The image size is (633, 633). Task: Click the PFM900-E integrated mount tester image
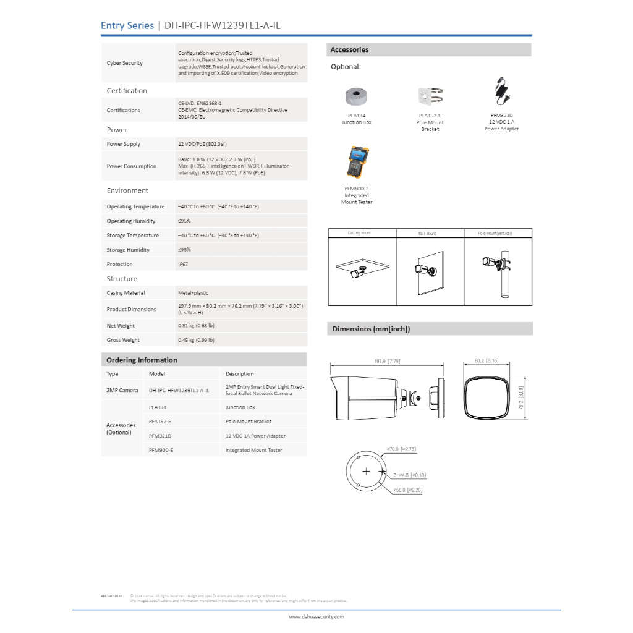(x=357, y=163)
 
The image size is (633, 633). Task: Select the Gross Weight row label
(x=123, y=340)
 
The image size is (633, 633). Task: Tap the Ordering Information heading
(x=142, y=360)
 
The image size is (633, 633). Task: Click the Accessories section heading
(x=349, y=50)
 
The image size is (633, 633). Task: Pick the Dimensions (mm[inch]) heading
(x=371, y=329)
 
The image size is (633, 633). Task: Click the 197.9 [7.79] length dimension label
(x=388, y=361)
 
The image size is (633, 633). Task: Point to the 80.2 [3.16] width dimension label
(x=486, y=360)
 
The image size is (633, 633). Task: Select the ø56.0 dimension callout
(x=409, y=490)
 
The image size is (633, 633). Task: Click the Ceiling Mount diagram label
(x=360, y=234)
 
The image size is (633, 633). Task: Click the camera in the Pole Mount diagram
(x=492, y=262)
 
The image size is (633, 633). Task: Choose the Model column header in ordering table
(x=157, y=374)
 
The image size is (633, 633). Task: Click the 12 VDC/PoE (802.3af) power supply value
(x=202, y=144)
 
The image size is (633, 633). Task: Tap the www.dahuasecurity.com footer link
(x=316, y=616)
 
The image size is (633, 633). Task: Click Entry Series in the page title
(x=127, y=25)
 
